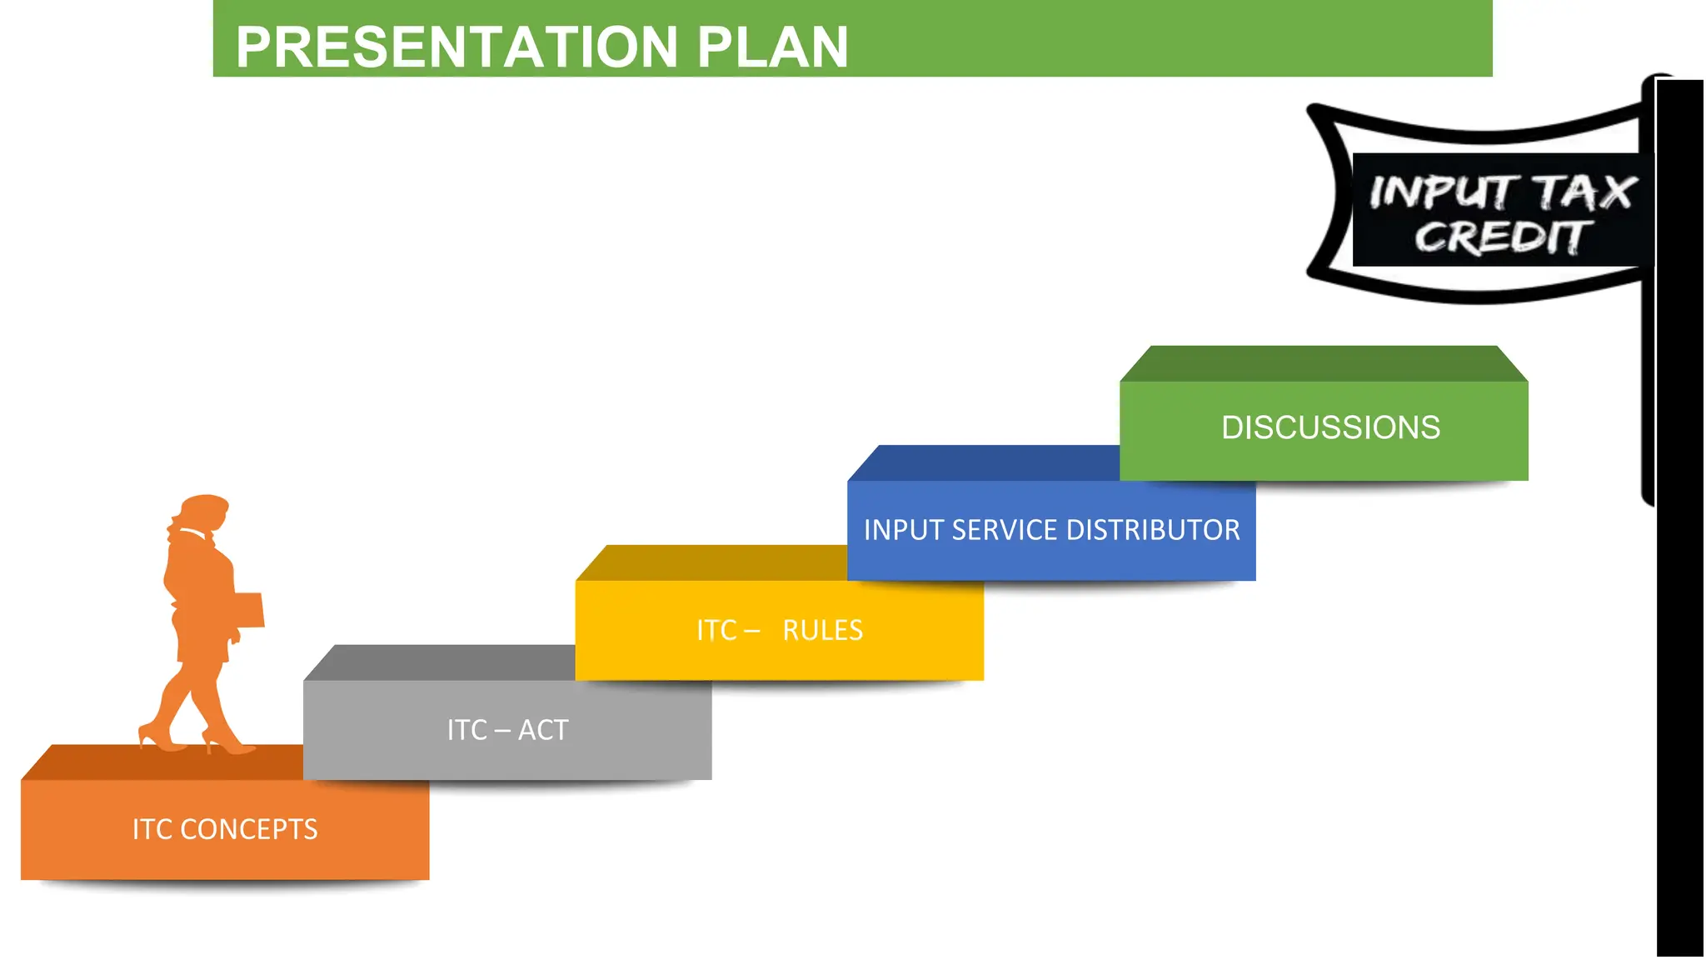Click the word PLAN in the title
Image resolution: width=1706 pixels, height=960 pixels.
pyautogui.click(x=772, y=47)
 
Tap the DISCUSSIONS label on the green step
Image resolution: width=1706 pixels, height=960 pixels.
pyautogui.click(x=1329, y=427)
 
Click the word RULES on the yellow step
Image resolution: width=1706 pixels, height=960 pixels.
pyautogui.click(x=822, y=630)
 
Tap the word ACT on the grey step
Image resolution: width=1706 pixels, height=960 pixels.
pyautogui.click(x=543, y=730)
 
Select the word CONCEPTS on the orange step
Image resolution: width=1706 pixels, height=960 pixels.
pyautogui.click(x=248, y=829)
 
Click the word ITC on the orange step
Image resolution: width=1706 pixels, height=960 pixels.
pyautogui.click(x=152, y=829)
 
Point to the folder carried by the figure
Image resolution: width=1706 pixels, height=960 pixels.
pyautogui.click(x=248, y=609)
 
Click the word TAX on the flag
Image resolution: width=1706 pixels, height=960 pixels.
pyautogui.click(x=1584, y=192)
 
